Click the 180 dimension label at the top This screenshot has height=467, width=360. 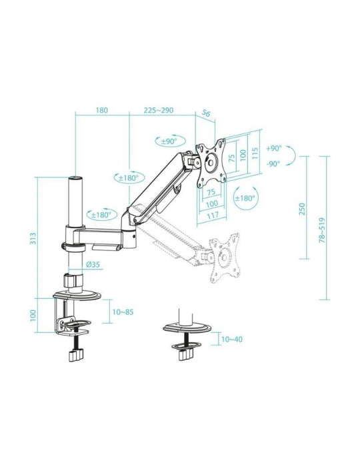coord(102,110)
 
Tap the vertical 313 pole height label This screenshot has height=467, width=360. coord(33,238)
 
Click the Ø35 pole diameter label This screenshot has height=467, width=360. coord(93,264)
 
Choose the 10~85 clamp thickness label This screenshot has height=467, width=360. coord(123,311)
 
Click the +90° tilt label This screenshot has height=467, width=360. coord(273,149)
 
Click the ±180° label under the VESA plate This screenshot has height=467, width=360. coord(245,198)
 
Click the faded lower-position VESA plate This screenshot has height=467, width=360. coord(225,256)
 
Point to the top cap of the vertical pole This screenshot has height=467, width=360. coord(75,179)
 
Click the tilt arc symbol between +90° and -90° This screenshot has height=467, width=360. coord(291,157)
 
